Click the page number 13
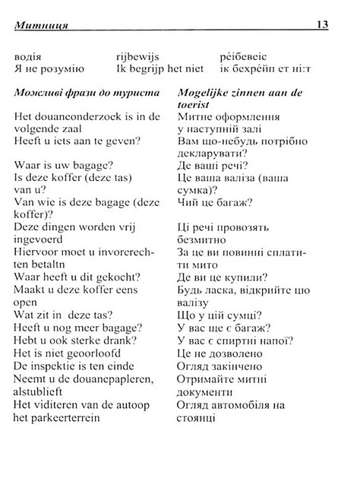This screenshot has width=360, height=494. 322,25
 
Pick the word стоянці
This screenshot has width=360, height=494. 199,419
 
